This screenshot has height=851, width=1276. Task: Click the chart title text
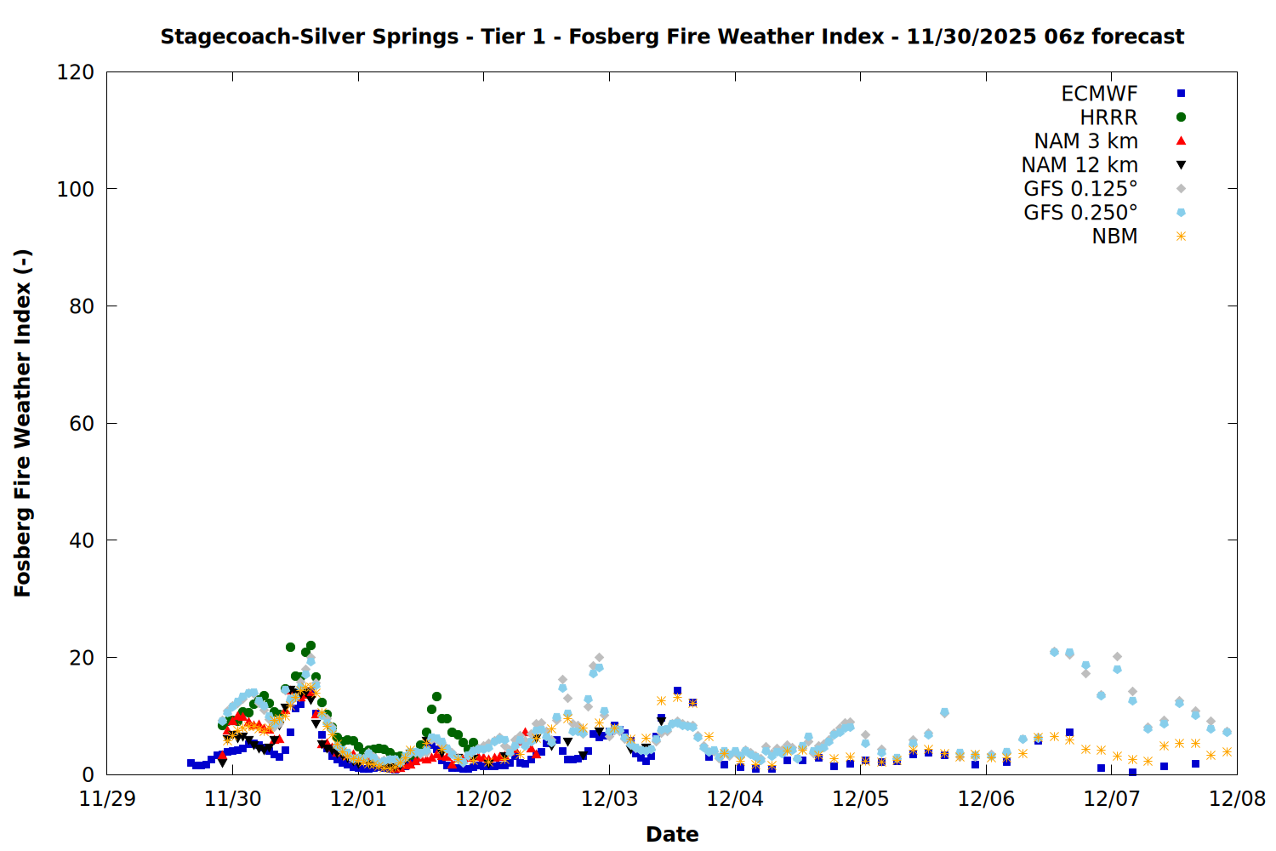[672, 37]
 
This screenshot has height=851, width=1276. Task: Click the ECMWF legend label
[1099, 94]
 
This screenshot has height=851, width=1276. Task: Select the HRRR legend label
[1108, 117]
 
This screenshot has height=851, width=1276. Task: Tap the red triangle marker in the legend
[1181, 140]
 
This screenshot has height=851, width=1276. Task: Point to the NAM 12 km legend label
[1079, 165]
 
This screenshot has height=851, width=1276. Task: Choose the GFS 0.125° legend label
[1080, 189]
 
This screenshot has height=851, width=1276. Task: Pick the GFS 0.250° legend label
[1080, 213]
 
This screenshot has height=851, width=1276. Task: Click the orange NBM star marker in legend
[1181, 237]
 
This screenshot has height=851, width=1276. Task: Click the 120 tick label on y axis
[76, 72]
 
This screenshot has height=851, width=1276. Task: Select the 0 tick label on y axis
[88, 774]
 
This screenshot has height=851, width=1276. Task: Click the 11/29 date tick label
[107, 799]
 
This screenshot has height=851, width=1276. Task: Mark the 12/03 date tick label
[609, 799]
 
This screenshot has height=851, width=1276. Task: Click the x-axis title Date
[672, 834]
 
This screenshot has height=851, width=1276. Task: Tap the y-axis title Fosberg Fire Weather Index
[23, 423]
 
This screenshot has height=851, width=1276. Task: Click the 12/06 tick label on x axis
[986, 799]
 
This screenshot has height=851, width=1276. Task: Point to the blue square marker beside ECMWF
[1181, 94]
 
